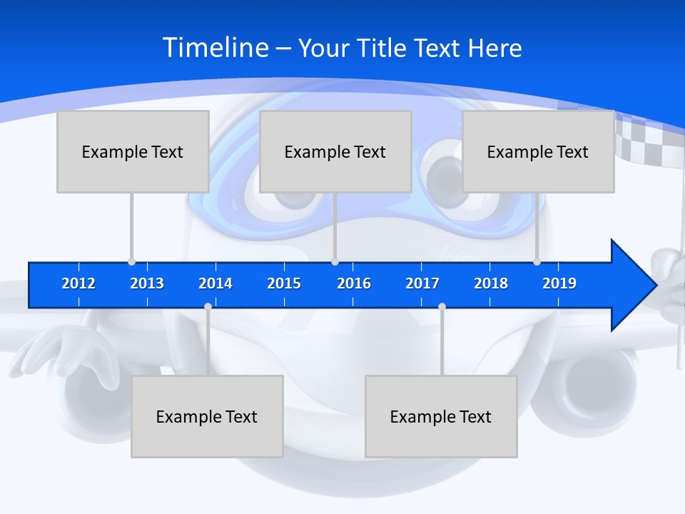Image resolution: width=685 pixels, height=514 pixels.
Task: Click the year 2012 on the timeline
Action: (x=78, y=283)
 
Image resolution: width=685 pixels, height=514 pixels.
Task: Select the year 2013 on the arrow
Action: (x=147, y=283)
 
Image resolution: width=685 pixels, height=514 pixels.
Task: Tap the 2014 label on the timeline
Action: (x=215, y=283)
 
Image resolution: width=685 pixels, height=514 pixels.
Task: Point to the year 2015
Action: (x=284, y=283)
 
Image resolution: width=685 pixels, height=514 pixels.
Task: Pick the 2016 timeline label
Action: (x=354, y=283)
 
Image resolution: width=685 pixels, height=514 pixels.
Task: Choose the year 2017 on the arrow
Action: (x=422, y=283)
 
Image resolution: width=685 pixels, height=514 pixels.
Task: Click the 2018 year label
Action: (x=491, y=283)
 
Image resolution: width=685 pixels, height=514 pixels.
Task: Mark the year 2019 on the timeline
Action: (x=559, y=283)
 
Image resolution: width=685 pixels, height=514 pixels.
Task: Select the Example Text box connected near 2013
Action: (x=133, y=151)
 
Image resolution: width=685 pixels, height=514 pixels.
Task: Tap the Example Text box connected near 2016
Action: (x=335, y=151)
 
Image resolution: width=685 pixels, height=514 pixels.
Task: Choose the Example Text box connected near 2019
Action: (x=538, y=151)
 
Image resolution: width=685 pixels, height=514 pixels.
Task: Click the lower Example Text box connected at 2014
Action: (x=207, y=416)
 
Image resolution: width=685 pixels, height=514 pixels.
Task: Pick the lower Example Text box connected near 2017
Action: (x=441, y=416)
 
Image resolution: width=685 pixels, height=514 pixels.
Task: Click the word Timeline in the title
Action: (x=215, y=48)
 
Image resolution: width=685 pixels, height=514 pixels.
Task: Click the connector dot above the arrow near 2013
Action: (x=131, y=262)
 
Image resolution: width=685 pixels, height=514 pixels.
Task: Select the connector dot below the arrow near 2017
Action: (x=442, y=306)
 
